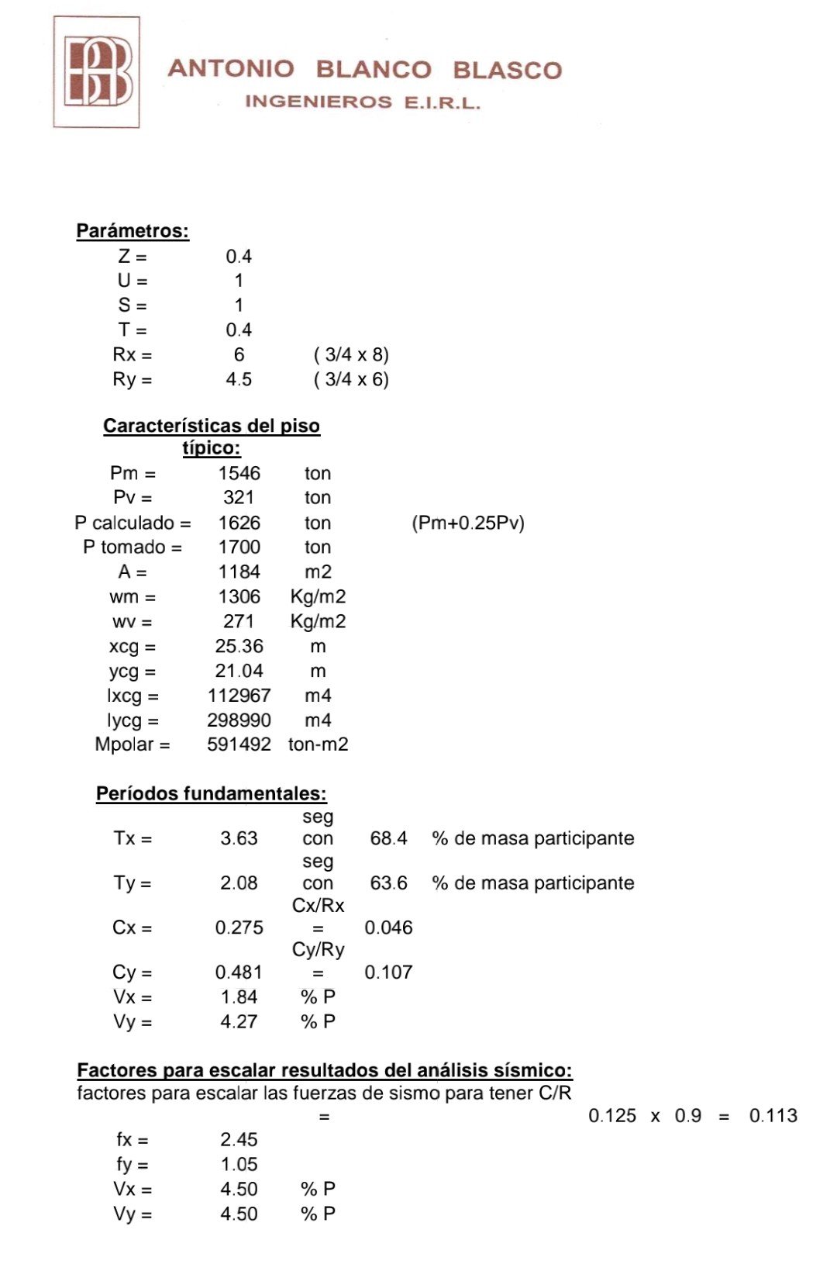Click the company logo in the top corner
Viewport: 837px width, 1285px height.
(x=97, y=71)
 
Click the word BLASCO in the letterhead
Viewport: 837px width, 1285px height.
(x=507, y=70)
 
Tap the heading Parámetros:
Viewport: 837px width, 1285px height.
(x=133, y=231)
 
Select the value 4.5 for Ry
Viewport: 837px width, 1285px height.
(x=239, y=379)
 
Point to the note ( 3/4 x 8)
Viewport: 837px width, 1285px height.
(x=351, y=354)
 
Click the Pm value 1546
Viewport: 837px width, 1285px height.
(x=239, y=473)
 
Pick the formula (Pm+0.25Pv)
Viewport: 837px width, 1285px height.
(x=468, y=523)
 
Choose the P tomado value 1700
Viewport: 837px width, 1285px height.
(x=239, y=547)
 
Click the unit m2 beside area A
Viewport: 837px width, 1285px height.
(x=318, y=572)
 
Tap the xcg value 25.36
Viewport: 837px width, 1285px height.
(x=239, y=646)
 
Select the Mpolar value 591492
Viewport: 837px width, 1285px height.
(x=239, y=744)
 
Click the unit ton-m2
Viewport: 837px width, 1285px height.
(x=318, y=744)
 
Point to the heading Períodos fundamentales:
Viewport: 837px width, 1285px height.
(x=211, y=793)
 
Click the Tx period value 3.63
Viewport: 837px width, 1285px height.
(x=239, y=838)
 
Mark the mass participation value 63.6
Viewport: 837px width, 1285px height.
(x=388, y=883)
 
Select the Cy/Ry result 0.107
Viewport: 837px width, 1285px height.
(x=388, y=972)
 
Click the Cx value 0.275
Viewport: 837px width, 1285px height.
(x=239, y=927)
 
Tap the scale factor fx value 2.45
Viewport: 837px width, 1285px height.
(x=239, y=1139)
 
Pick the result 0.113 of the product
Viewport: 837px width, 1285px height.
(x=773, y=1116)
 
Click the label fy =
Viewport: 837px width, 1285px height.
(x=133, y=1164)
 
